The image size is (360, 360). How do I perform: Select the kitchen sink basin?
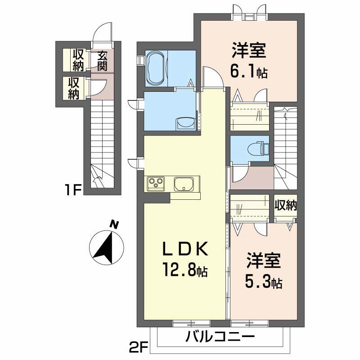tap(184, 184)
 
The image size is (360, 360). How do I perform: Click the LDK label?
tap(185, 249)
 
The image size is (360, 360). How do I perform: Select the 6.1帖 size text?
tap(249, 71)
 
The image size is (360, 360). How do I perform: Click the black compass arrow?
tap(107, 249)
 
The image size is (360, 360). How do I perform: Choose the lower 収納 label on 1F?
tap(73, 88)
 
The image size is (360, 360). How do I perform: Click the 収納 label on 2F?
tap(286, 206)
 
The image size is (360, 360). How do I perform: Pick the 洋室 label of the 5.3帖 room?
tap(264, 261)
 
